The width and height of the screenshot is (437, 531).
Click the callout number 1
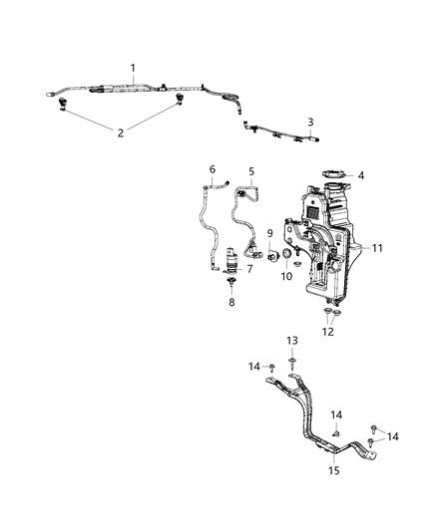pos(133,67)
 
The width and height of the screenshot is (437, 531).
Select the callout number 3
pos(310,123)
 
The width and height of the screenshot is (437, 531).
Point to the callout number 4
pos(361,176)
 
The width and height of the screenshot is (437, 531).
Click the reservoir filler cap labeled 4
pos(333,175)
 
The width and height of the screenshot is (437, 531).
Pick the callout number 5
pos(251,171)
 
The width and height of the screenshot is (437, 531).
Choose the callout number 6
pos(212,169)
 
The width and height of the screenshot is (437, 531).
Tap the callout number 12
pos(328,333)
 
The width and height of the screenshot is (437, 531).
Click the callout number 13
pos(292,341)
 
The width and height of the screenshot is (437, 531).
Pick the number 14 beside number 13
pos(254,367)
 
